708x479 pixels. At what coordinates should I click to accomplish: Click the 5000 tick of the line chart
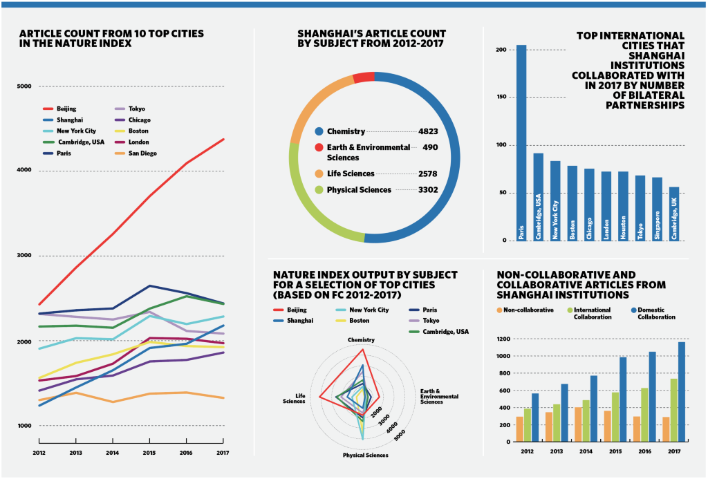pyautogui.click(x=25, y=86)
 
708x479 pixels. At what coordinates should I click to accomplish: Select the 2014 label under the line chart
pyautogui.click(x=111, y=453)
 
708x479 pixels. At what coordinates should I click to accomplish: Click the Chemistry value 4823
pyautogui.click(x=428, y=131)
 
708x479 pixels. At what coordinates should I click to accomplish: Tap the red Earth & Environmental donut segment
pyautogui.click(x=364, y=77)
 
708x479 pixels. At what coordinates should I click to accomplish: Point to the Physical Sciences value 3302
pyautogui.click(x=428, y=189)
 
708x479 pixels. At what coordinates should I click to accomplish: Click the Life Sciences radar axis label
pyautogui.click(x=295, y=398)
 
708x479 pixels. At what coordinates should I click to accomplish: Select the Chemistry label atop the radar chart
pyautogui.click(x=362, y=339)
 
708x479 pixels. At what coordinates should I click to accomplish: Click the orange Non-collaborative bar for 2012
pyautogui.click(x=520, y=429)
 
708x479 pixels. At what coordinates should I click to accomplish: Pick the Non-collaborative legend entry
pyautogui.click(x=526, y=310)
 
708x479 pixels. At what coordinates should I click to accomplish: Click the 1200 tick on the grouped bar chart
pyautogui.click(x=503, y=339)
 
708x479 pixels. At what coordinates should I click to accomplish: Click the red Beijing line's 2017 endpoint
pyautogui.click(x=223, y=140)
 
